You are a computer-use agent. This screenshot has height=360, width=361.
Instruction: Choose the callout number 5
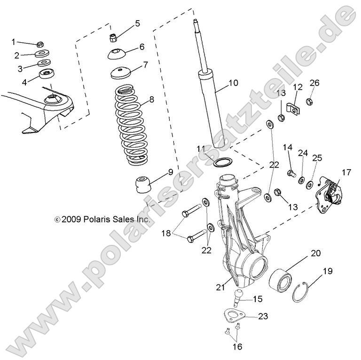[x=137, y=23]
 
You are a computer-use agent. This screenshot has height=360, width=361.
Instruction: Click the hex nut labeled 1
[x=39, y=44]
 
